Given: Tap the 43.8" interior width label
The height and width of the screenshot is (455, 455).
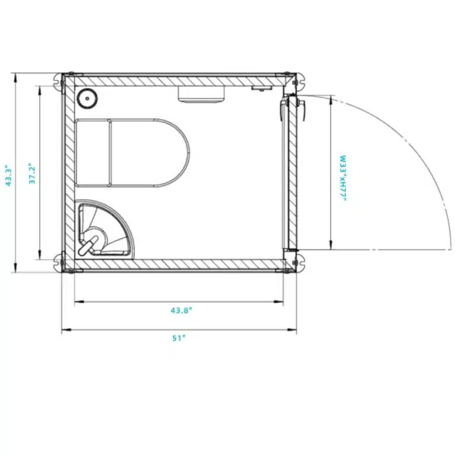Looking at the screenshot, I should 181,310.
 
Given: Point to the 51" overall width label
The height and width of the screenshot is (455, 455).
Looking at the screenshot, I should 179,338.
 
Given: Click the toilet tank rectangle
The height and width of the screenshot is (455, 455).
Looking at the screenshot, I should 93,153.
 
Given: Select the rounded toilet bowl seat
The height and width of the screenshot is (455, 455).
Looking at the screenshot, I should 149,153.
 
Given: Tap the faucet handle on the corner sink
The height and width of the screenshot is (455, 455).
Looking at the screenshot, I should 89,244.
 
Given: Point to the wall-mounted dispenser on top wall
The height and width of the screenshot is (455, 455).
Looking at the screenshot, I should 202,94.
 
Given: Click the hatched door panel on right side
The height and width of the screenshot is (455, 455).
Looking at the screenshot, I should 292,172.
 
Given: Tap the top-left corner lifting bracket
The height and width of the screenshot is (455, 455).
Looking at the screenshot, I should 59,81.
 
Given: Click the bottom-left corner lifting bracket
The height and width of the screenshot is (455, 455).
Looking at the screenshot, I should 59,262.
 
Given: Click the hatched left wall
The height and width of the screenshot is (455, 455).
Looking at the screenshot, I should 69,172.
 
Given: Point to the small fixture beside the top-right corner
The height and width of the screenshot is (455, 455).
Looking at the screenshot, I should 260,88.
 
